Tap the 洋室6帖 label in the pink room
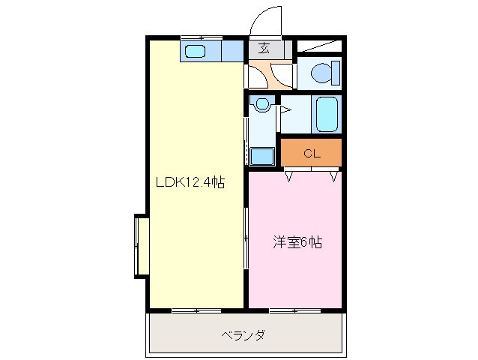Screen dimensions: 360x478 [297, 243]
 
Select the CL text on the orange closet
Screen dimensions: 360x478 [312, 153]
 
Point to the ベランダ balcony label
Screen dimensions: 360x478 [243, 334]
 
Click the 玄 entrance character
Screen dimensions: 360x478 [264, 49]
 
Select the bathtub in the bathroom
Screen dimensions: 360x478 [327, 115]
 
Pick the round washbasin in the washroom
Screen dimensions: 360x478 [261, 105]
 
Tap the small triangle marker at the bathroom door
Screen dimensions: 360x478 [285, 110]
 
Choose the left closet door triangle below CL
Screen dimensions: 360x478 [288, 177]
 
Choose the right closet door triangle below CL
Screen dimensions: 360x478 [334, 177]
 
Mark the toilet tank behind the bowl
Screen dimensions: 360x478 [337, 73]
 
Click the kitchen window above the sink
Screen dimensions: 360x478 [201, 37]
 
